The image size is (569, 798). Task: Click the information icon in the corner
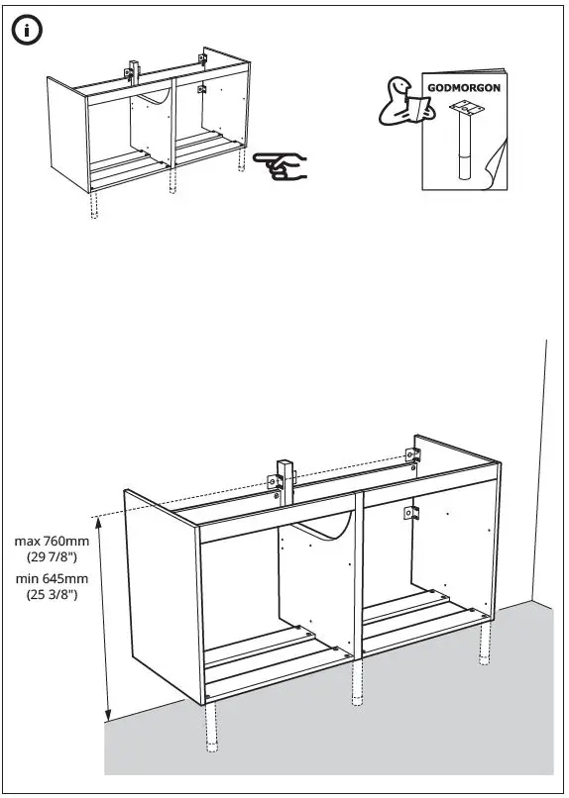tap(27, 30)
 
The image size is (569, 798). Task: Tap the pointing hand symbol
tap(281, 165)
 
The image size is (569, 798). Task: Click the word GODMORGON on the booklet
tap(464, 87)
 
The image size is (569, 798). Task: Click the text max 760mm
tap(52, 541)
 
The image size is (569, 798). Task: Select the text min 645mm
tap(52, 578)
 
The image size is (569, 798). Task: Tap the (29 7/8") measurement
tap(52, 557)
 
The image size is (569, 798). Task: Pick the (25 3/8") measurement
tap(52, 595)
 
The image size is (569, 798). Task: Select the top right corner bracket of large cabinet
tap(413, 454)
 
